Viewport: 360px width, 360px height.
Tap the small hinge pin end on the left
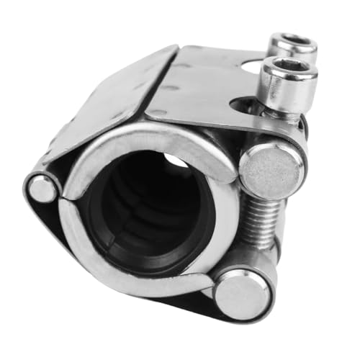pos(44,189)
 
